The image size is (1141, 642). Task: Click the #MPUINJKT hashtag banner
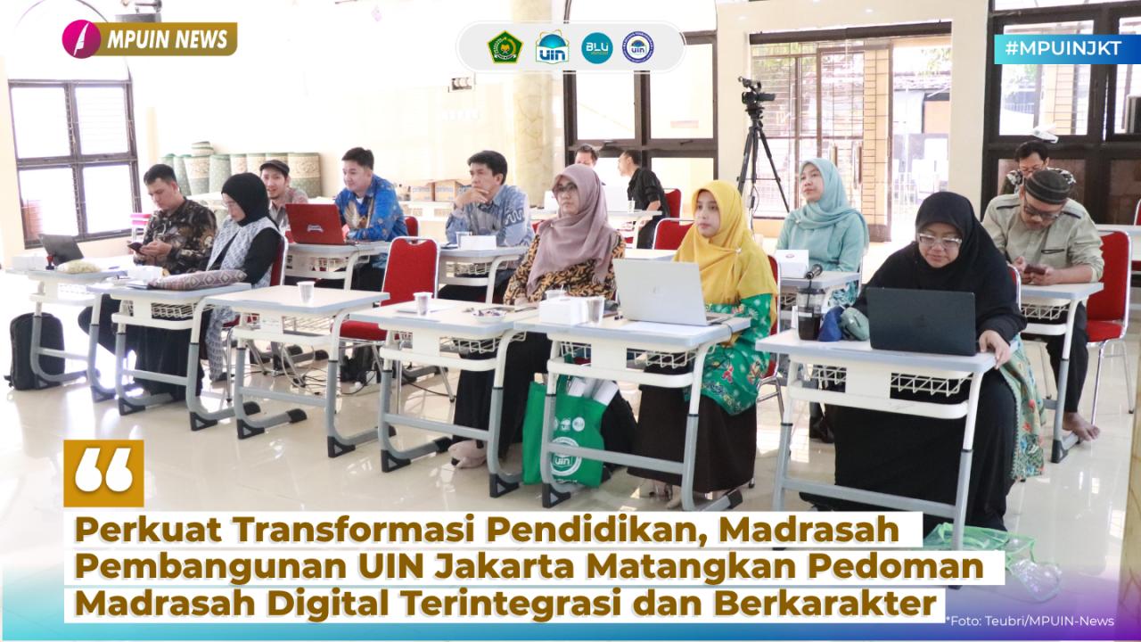[x=1067, y=49]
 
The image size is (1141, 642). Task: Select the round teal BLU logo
[x=597, y=48]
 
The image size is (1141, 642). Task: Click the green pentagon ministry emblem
[x=505, y=47]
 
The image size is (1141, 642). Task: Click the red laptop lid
[x=315, y=224]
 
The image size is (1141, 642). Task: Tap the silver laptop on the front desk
[x=662, y=292]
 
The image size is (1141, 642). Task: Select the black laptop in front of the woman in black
[x=922, y=321]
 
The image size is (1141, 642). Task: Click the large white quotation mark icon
[x=103, y=473]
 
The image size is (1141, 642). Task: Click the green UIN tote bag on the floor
[x=562, y=432]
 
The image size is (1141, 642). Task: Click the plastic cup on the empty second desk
[x=306, y=292]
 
